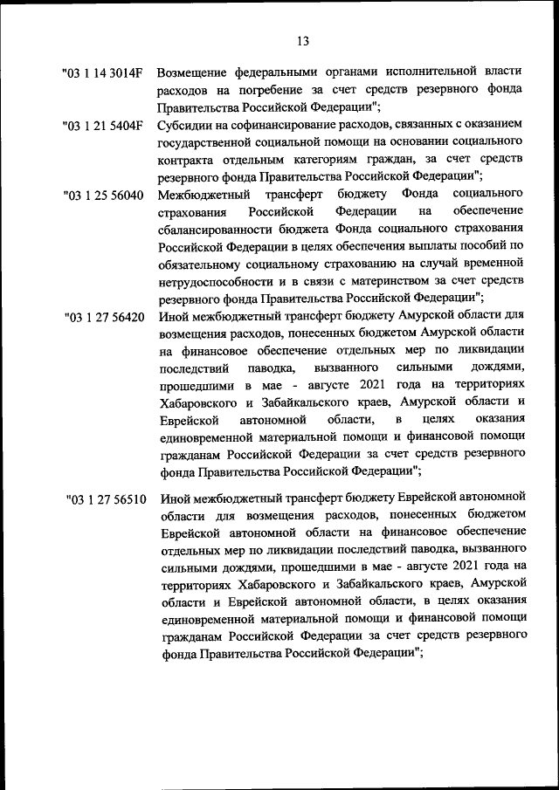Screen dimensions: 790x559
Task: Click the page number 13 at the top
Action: [302, 41]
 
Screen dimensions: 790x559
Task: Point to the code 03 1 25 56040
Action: [103, 195]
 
